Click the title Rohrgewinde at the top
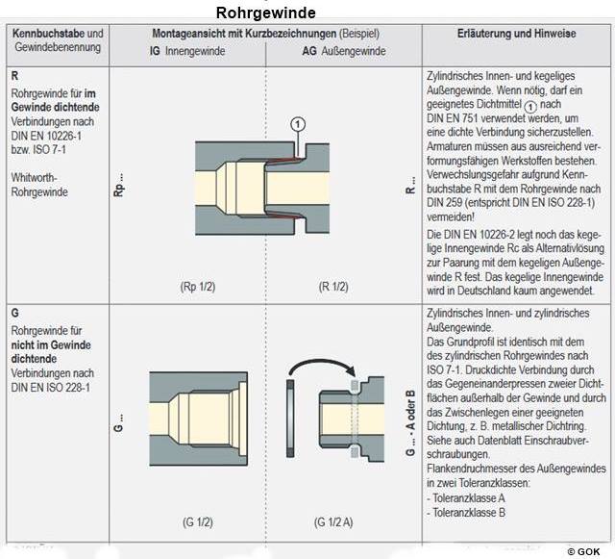(x=265, y=13)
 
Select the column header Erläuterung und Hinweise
(x=516, y=33)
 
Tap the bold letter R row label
(x=14, y=75)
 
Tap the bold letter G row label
(x=14, y=314)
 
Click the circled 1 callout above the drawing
(x=298, y=123)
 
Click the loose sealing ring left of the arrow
(x=288, y=414)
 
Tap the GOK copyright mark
(x=588, y=551)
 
